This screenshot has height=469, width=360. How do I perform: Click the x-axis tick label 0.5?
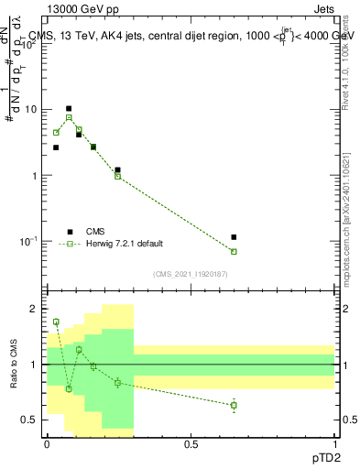point(191,444)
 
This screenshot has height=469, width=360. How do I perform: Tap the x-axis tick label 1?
point(334,444)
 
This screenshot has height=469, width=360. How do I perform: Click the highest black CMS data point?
point(68,108)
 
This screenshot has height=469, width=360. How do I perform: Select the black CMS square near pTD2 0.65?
point(234,237)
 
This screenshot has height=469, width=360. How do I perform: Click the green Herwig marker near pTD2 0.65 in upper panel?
point(234,251)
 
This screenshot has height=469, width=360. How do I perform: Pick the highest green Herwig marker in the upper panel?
point(68,117)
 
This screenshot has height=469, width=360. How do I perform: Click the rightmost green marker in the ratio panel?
point(234,405)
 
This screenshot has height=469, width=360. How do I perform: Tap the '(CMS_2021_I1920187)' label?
point(191,273)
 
